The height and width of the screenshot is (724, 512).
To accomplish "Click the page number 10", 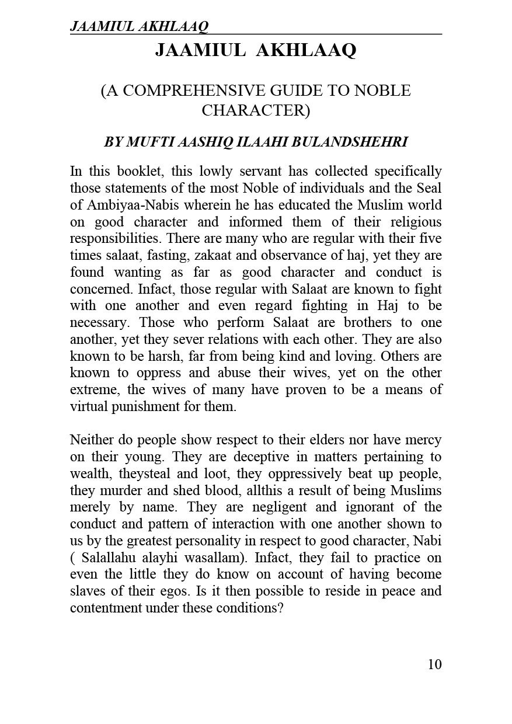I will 434,664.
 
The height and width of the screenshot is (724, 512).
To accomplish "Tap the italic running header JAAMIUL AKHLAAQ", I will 139,26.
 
